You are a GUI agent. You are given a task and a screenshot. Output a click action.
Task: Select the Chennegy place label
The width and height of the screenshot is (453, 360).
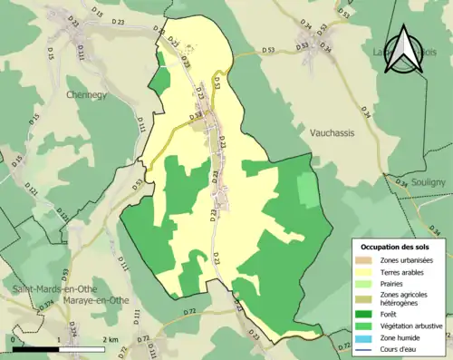[x=86, y=92]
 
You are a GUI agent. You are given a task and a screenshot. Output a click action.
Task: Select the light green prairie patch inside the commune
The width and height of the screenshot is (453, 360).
[x=309, y=190]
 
